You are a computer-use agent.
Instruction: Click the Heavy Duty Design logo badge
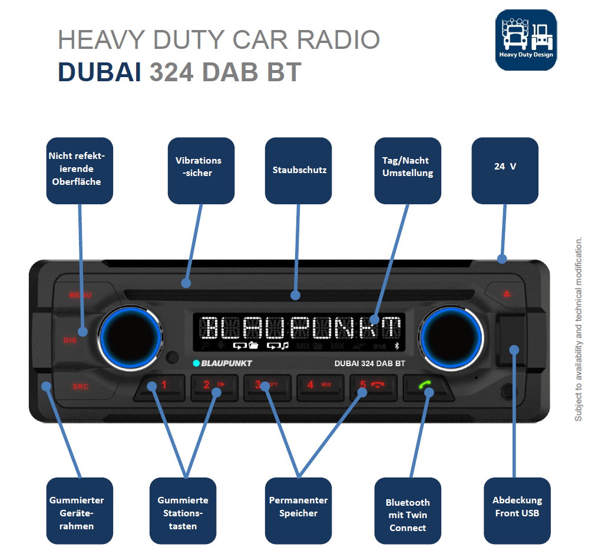pos(525,40)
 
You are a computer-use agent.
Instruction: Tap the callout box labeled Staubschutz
pos(299,170)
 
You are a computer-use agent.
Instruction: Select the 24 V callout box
pos(505,170)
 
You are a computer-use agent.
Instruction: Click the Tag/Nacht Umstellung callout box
pos(408,170)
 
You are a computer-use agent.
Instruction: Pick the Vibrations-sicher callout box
pos(201,170)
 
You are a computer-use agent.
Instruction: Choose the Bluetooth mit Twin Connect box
pos(408,510)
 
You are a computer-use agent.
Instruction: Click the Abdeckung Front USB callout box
pos(517,510)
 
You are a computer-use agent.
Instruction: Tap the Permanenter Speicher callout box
pos(298,510)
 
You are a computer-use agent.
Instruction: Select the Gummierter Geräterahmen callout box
pos(80,510)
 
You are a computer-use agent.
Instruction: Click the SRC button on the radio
pos(80,387)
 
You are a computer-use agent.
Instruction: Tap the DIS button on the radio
pos(70,340)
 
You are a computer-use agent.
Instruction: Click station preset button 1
pos(159,386)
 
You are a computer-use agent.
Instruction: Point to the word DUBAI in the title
pos(99,72)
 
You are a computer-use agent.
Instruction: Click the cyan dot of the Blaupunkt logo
pos(196,363)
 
